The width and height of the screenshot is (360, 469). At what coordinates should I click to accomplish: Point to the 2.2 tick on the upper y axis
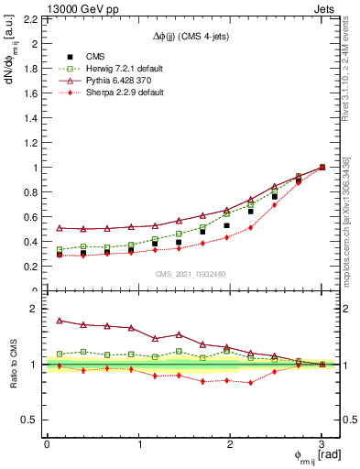pyautogui.click(x=31, y=19)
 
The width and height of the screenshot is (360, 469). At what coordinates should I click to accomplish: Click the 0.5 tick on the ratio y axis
pyautogui.click(x=31, y=420)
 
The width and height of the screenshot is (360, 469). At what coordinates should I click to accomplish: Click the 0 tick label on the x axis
pyautogui.click(x=47, y=444)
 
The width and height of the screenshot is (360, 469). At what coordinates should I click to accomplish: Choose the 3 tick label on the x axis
pyautogui.click(x=322, y=444)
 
